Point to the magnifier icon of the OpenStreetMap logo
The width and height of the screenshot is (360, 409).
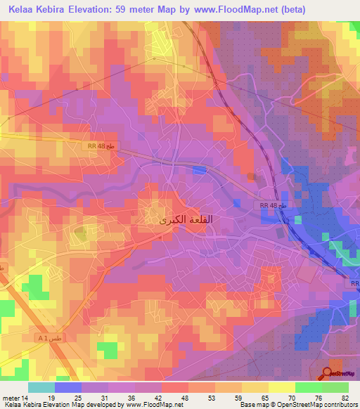(328, 375)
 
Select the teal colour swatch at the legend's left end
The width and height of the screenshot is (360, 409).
(41, 387)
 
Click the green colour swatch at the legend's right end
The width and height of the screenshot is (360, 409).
(335, 387)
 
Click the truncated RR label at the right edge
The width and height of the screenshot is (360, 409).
(354, 283)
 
